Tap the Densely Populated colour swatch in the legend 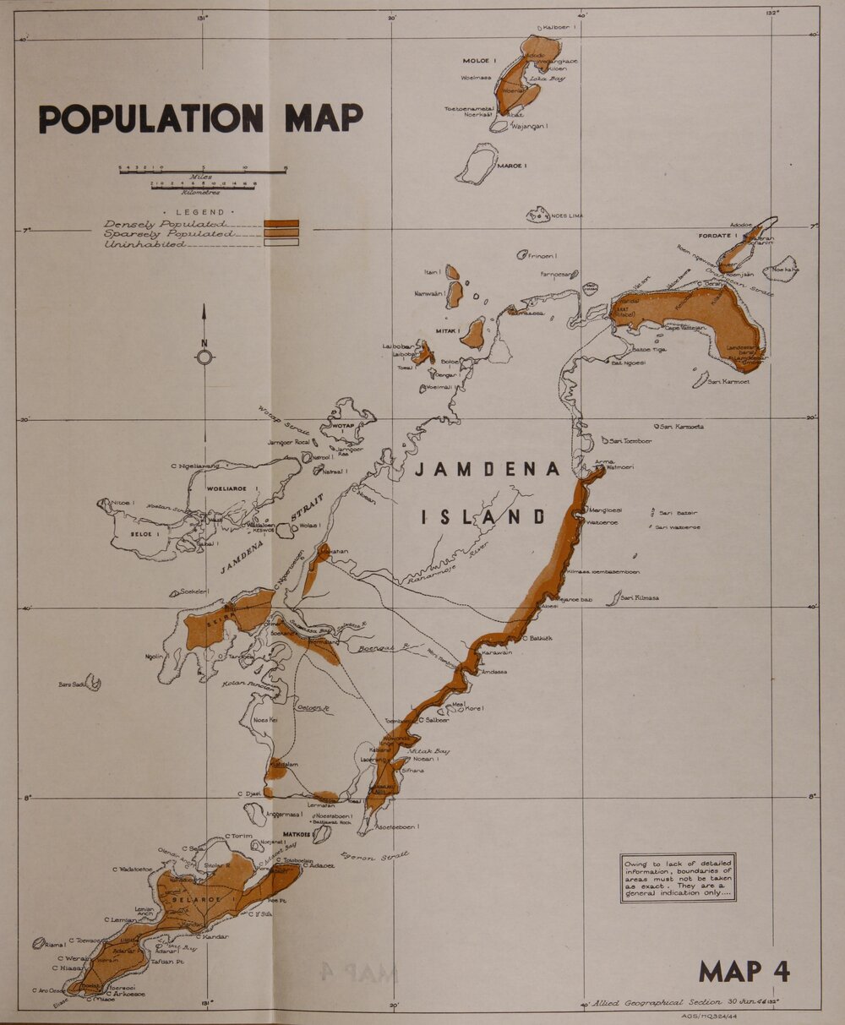(281, 224)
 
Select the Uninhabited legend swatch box (281, 243)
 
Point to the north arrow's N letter (204, 342)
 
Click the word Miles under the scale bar (201, 177)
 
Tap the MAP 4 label (744, 972)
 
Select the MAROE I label (512, 166)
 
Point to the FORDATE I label (718, 236)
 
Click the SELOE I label (145, 535)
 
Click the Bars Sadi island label (72, 684)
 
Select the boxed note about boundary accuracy (678, 878)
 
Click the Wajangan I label (531, 127)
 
